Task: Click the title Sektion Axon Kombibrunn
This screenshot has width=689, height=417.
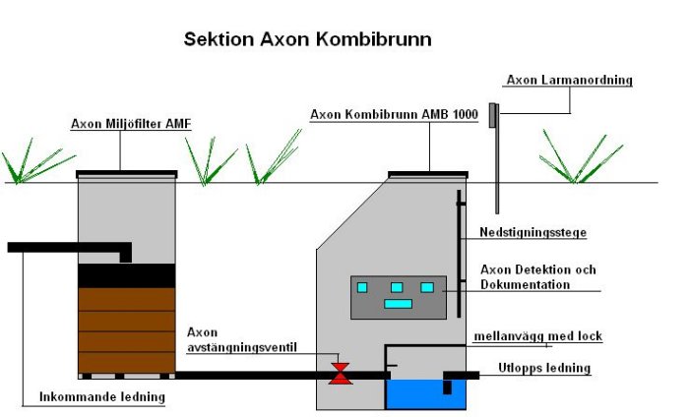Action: (307, 40)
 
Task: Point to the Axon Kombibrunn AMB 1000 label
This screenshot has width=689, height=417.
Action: (394, 114)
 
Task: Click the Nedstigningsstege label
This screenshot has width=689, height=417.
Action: (533, 233)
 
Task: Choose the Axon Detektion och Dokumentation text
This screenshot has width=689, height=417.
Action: (537, 276)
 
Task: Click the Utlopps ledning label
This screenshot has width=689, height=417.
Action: (544, 368)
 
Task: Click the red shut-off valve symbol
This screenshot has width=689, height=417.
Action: (340, 374)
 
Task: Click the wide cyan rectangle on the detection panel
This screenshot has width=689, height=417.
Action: (398, 304)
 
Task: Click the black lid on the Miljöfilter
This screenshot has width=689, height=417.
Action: (127, 173)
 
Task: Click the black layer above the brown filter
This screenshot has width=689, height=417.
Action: (126, 275)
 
